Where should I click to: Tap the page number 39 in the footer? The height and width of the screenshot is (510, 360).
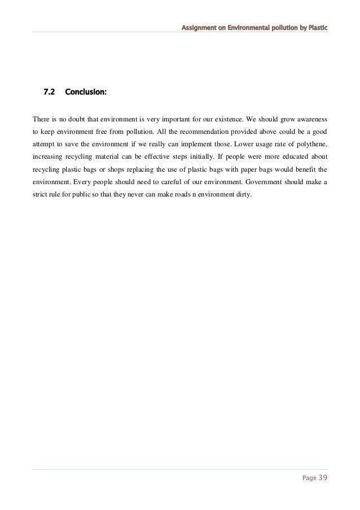point(322,479)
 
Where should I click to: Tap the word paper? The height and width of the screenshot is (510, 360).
point(241,169)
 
